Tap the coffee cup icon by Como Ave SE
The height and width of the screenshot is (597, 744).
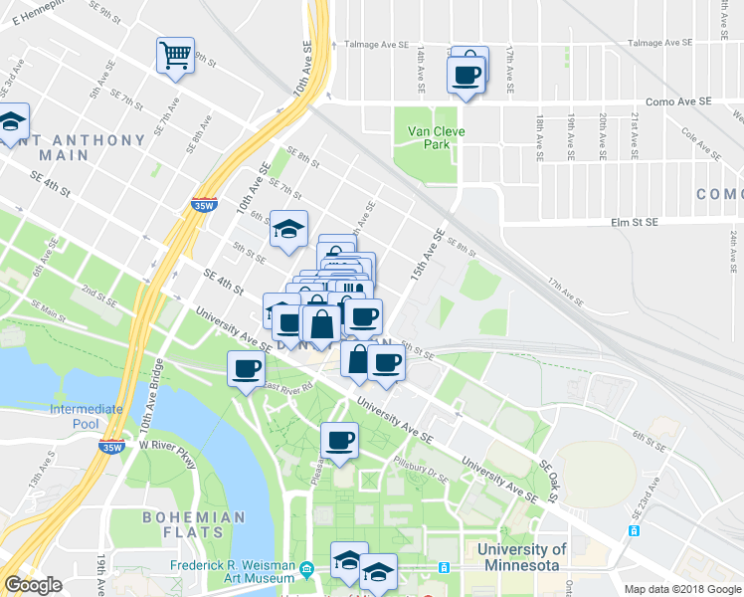[x=466, y=75]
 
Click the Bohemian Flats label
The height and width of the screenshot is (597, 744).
[x=193, y=525]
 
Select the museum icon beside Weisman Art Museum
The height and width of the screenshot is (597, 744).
[x=306, y=570]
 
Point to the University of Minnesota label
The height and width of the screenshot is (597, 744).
[x=521, y=557]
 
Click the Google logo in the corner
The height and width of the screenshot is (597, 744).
[x=33, y=585]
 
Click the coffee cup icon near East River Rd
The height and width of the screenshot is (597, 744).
[x=246, y=369]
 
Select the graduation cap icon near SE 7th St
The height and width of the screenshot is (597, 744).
[x=288, y=229]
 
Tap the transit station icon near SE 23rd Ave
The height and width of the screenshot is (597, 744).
[x=635, y=530]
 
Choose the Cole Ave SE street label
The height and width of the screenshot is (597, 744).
[x=701, y=141]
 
